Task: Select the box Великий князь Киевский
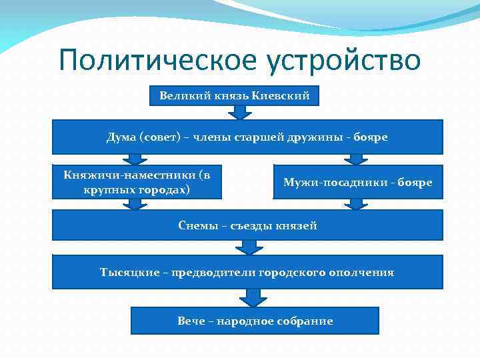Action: click(x=234, y=95)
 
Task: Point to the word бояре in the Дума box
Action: click(x=371, y=137)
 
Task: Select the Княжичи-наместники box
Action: click(x=136, y=182)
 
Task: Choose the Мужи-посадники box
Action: click(x=358, y=182)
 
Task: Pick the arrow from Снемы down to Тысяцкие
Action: click(x=249, y=247)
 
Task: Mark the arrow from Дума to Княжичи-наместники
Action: click(x=135, y=159)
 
